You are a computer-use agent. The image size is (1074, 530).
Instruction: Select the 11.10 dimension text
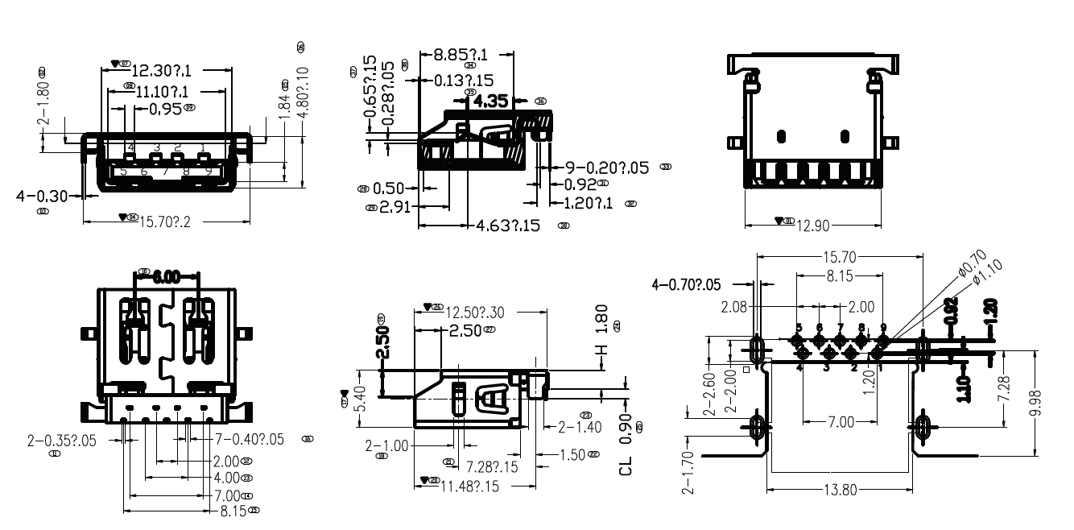point(161,91)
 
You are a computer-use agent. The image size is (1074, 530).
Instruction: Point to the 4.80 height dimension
point(302,93)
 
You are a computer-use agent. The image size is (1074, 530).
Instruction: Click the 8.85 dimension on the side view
point(461,55)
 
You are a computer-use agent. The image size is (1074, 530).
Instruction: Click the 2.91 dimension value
point(397,207)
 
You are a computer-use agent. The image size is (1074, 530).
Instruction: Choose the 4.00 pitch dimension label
point(226,478)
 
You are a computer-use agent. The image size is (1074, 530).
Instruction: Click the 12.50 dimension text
point(475,313)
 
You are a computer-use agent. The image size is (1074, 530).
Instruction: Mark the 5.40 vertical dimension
point(359,397)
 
